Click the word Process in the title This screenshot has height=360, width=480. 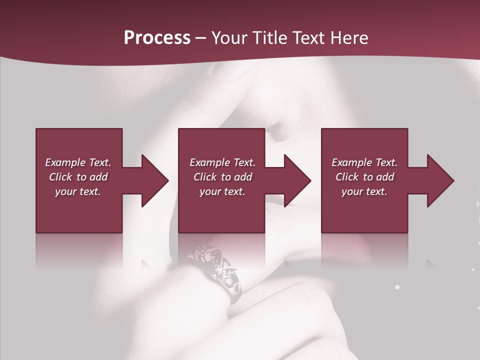coord(157,38)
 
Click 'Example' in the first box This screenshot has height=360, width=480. coord(65,162)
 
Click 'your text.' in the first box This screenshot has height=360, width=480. coord(78,191)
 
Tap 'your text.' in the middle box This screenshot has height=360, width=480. coord(222,191)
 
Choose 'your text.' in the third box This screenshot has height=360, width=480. coord(364,191)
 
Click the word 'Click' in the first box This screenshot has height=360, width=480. coord(60,177)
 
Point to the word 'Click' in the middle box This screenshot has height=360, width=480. coord(204,177)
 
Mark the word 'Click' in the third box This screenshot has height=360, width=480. coord(346,177)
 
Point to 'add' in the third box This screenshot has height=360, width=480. coord(383,177)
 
